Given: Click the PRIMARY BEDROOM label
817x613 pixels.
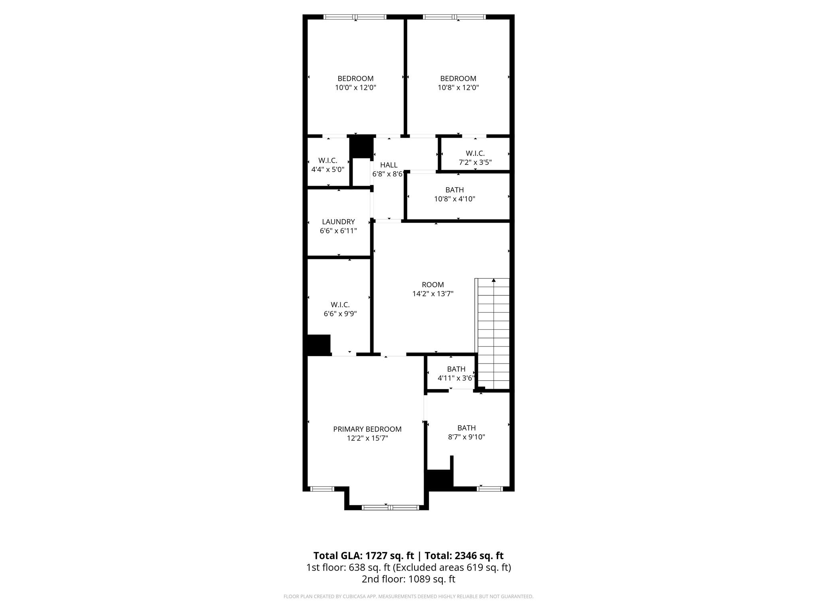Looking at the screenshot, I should (x=367, y=429).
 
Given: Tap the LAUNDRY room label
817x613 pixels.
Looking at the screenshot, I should (x=338, y=221).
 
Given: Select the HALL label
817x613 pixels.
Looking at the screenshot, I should (x=389, y=165).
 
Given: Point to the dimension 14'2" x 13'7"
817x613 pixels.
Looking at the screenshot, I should (x=433, y=294).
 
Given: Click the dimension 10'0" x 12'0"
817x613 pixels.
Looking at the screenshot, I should (x=355, y=87).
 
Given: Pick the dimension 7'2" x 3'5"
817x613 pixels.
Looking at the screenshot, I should (x=475, y=162).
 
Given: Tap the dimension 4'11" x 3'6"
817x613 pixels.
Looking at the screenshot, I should (x=456, y=378).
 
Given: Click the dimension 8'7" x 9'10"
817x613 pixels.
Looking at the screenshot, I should (x=466, y=437).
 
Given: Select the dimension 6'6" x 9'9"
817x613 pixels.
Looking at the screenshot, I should (x=340, y=314).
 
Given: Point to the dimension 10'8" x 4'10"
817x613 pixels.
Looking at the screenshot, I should (x=454, y=199).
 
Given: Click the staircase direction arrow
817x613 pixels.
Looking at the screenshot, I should (x=494, y=281).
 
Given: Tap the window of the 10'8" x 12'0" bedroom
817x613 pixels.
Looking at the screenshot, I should (x=454, y=17).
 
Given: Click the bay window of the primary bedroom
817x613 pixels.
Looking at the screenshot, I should (x=390, y=508).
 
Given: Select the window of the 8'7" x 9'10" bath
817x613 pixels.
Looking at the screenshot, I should (x=489, y=488).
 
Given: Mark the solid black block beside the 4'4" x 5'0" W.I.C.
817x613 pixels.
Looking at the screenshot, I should (x=361, y=147).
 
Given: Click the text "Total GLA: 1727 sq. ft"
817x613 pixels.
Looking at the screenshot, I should (x=363, y=556).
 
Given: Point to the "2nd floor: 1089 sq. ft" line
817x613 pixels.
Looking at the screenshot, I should (x=408, y=579).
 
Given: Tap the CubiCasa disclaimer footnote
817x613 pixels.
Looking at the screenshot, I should (x=408, y=597).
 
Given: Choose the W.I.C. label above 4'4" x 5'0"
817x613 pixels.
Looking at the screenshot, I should (x=328, y=160).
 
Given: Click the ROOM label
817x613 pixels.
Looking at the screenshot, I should (x=433, y=285).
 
